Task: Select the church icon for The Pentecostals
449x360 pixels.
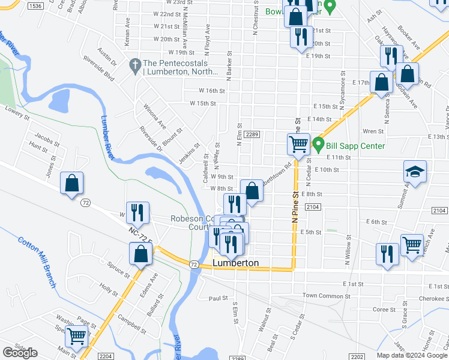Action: coord(136,64)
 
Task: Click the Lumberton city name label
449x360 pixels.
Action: coord(236,263)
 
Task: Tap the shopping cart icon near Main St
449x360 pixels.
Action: coord(76,337)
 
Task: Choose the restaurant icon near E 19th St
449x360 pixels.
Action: coord(301,36)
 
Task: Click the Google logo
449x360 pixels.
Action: coord(20,353)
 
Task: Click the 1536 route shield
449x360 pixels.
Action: coord(36,5)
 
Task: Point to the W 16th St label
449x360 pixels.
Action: coord(212,91)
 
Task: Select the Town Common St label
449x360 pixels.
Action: coord(325,295)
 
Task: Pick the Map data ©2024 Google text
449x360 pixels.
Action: coord(412,355)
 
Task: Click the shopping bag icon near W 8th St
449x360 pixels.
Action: coord(252,191)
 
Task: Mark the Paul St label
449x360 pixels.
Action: coord(218,298)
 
